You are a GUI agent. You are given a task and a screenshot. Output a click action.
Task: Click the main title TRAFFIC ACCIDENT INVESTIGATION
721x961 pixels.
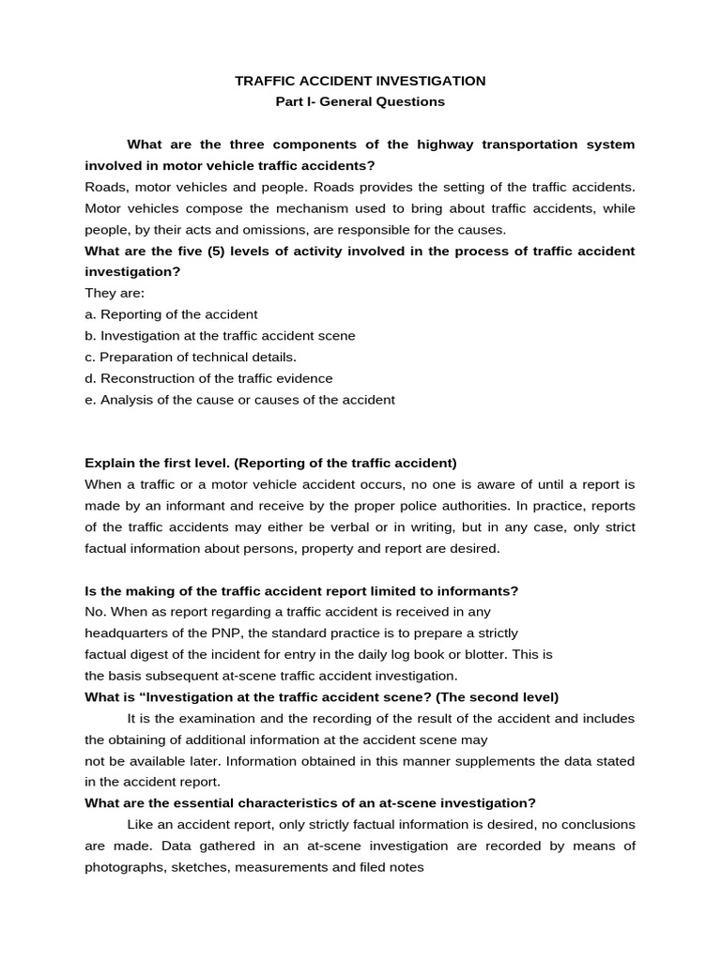tap(360, 82)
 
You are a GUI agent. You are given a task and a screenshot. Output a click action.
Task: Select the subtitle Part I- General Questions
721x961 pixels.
tap(360, 101)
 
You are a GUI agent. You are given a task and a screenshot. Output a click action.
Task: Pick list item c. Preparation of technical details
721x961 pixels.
tap(191, 357)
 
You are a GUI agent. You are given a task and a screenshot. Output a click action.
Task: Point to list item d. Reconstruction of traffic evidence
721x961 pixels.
tap(208, 378)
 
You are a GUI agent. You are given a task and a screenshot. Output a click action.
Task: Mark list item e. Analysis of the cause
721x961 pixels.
tap(239, 400)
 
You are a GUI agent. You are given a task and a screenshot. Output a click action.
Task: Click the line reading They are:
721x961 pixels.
tap(108, 293)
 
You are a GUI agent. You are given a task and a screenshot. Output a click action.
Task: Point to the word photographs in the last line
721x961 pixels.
tap(125, 867)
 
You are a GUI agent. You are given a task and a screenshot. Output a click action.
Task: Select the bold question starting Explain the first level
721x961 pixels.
tap(270, 463)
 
